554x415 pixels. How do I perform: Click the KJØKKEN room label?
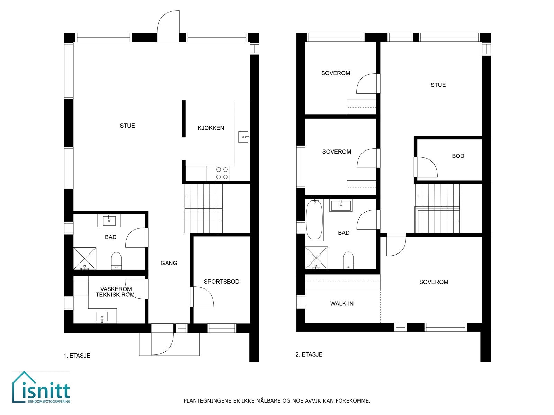pyautogui.click(x=211, y=128)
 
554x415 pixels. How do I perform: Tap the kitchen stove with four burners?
pyautogui.click(x=222, y=173)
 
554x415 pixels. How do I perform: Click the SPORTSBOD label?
pyautogui.click(x=221, y=282)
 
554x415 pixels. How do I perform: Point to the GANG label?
pyautogui.click(x=169, y=263)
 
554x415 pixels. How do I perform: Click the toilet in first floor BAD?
pyautogui.click(x=116, y=260)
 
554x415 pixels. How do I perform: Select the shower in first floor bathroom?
pyautogui.click(x=85, y=258)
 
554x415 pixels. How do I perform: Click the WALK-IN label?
pyautogui.click(x=342, y=304)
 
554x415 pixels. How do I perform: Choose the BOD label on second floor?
pyautogui.click(x=458, y=156)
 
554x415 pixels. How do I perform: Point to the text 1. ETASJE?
pyautogui.click(x=77, y=356)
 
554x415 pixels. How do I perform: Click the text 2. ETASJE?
pyautogui.click(x=309, y=354)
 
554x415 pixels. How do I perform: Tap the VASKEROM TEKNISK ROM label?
pyautogui.click(x=115, y=292)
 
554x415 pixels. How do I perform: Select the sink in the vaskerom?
pyautogui.click(x=102, y=317)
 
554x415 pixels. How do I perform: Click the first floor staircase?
pyautogui.click(x=203, y=209)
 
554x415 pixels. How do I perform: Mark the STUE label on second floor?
pyautogui.click(x=438, y=85)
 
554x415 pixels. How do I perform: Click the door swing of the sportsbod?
pyautogui.click(x=204, y=297)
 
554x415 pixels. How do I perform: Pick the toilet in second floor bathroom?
pyautogui.click(x=348, y=260)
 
